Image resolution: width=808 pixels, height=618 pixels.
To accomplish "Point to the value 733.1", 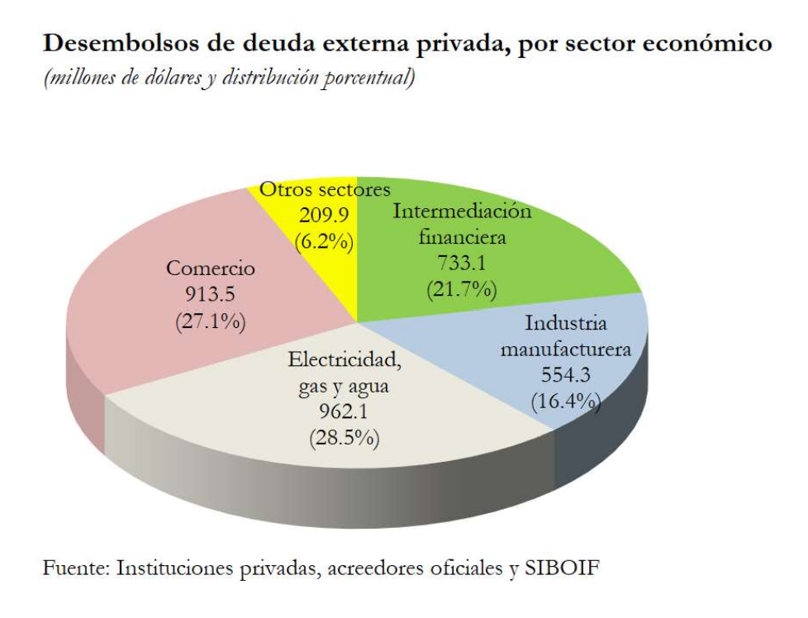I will pyautogui.click(x=461, y=264).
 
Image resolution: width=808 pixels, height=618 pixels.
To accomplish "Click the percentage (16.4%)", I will pyautogui.click(x=565, y=402).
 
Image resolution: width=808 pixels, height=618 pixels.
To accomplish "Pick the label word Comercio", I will pyautogui.click(x=211, y=269).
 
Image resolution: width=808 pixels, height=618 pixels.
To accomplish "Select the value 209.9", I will pyautogui.click(x=324, y=216).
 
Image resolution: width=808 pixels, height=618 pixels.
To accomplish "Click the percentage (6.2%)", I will pyautogui.click(x=324, y=242).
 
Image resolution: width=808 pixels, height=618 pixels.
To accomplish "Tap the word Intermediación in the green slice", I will pyautogui.click(x=462, y=211).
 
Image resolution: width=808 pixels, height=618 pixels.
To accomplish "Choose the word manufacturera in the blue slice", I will pyautogui.click(x=565, y=349).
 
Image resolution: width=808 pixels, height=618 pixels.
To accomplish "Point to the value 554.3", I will pyautogui.click(x=565, y=375).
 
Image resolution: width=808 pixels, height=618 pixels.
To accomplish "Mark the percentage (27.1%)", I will pyautogui.click(x=211, y=321).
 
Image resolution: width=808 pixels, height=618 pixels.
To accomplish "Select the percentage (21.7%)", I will pyautogui.click(x=461, y=289).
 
